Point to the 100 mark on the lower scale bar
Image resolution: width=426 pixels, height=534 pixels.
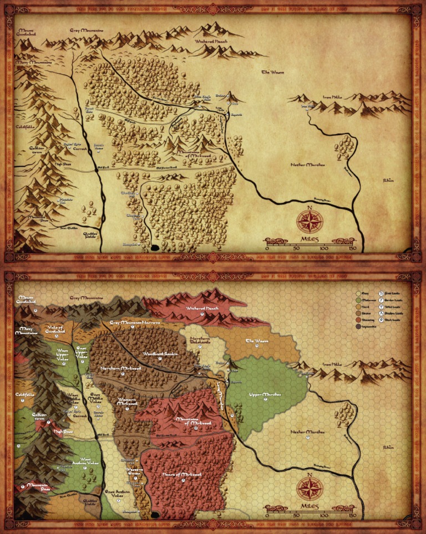(324, 516)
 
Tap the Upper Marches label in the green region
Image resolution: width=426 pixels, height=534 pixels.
(265, 394)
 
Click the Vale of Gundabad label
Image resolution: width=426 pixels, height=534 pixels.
(55, 329)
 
